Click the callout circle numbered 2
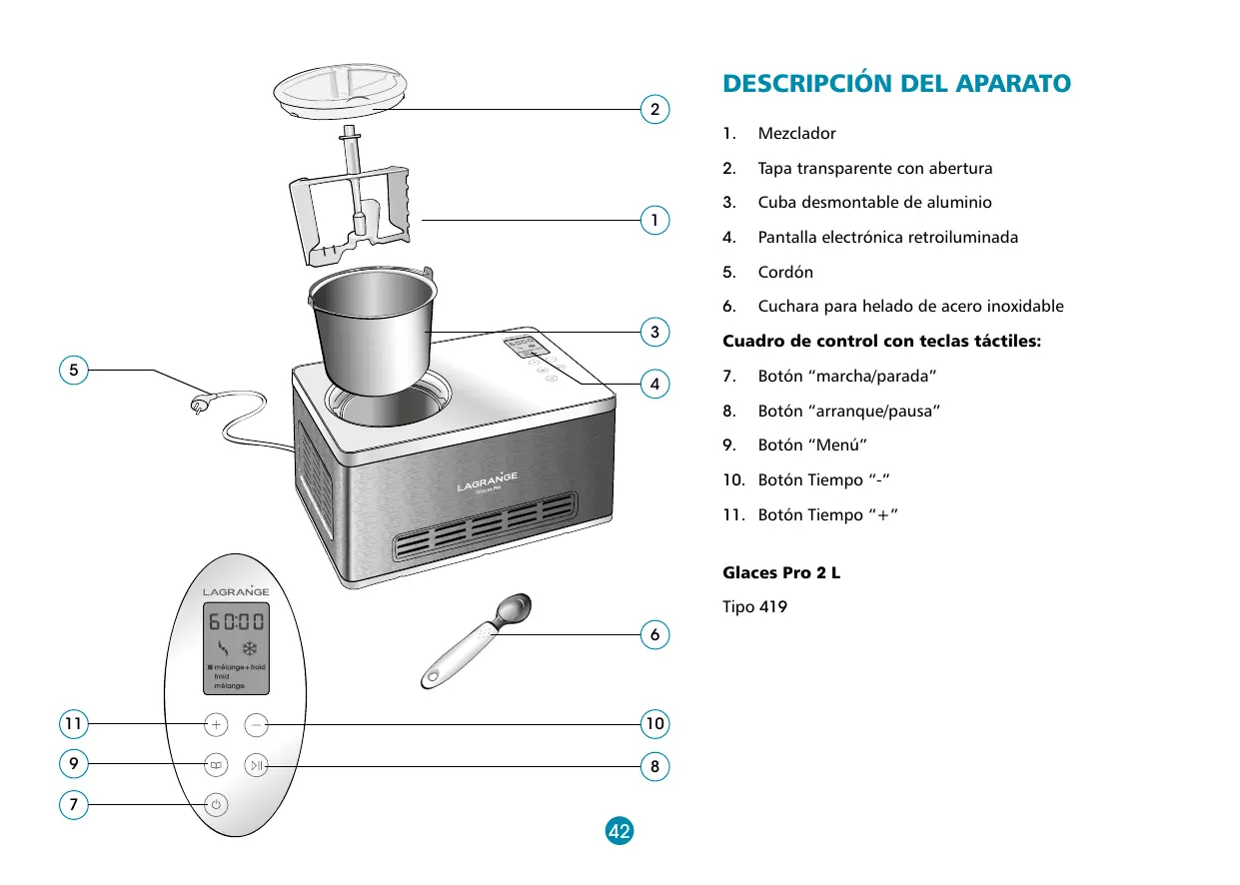[x=654, y=109]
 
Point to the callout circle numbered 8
[x=654, y=767]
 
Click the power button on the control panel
[x=216, y=804]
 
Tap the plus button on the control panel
[x=216, y=723]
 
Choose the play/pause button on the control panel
[x=258, y=766]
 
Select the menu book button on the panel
[x=216, y=766]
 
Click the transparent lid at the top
[x=342, y=92]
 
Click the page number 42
[x=620, y=830]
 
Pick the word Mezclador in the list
[x=796, y=133]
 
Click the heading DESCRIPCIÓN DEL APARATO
[x=896, y=84]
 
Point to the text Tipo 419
[x=754, y=606]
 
